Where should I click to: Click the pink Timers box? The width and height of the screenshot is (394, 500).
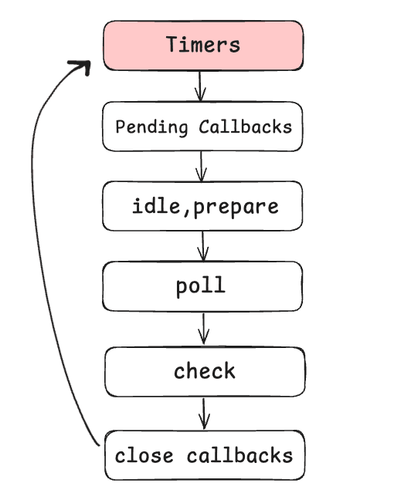[x=203, y=45]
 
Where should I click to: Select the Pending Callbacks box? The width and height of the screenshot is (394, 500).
[x=203, y=126]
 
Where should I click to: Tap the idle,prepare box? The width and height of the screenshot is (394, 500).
[x=203, y=206]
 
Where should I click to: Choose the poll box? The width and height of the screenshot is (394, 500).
[x=202, y=286]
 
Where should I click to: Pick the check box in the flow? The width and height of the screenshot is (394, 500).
[x=204, y=371]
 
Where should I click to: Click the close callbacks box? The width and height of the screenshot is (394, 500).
[x=204, y=455]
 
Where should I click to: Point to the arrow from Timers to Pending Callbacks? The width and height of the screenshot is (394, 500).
[x=200, y=86]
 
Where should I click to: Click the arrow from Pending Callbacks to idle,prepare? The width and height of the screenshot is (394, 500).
[x=202, y=166]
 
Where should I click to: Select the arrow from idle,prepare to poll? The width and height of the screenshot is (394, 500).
[x=202, y=246]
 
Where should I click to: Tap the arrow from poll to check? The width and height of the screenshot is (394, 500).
[x=204, y=328]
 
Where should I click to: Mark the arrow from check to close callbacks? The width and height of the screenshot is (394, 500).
[x=204, y=413]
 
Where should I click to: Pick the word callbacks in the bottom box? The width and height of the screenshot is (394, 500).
[x=239, y=455]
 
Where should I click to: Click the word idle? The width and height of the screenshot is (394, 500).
[x=150, y=206]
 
